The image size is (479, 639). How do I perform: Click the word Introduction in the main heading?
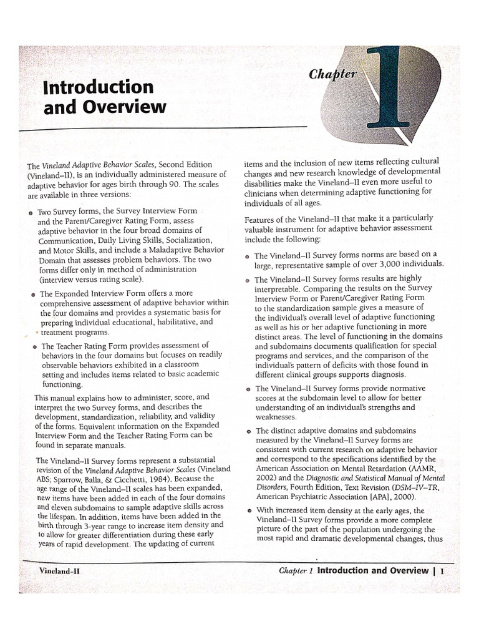(98, 86)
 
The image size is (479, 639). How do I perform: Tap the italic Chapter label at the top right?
(333, 74)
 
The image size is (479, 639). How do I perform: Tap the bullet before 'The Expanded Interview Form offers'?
(32, 294)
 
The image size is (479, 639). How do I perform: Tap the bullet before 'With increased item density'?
(248, 511)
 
